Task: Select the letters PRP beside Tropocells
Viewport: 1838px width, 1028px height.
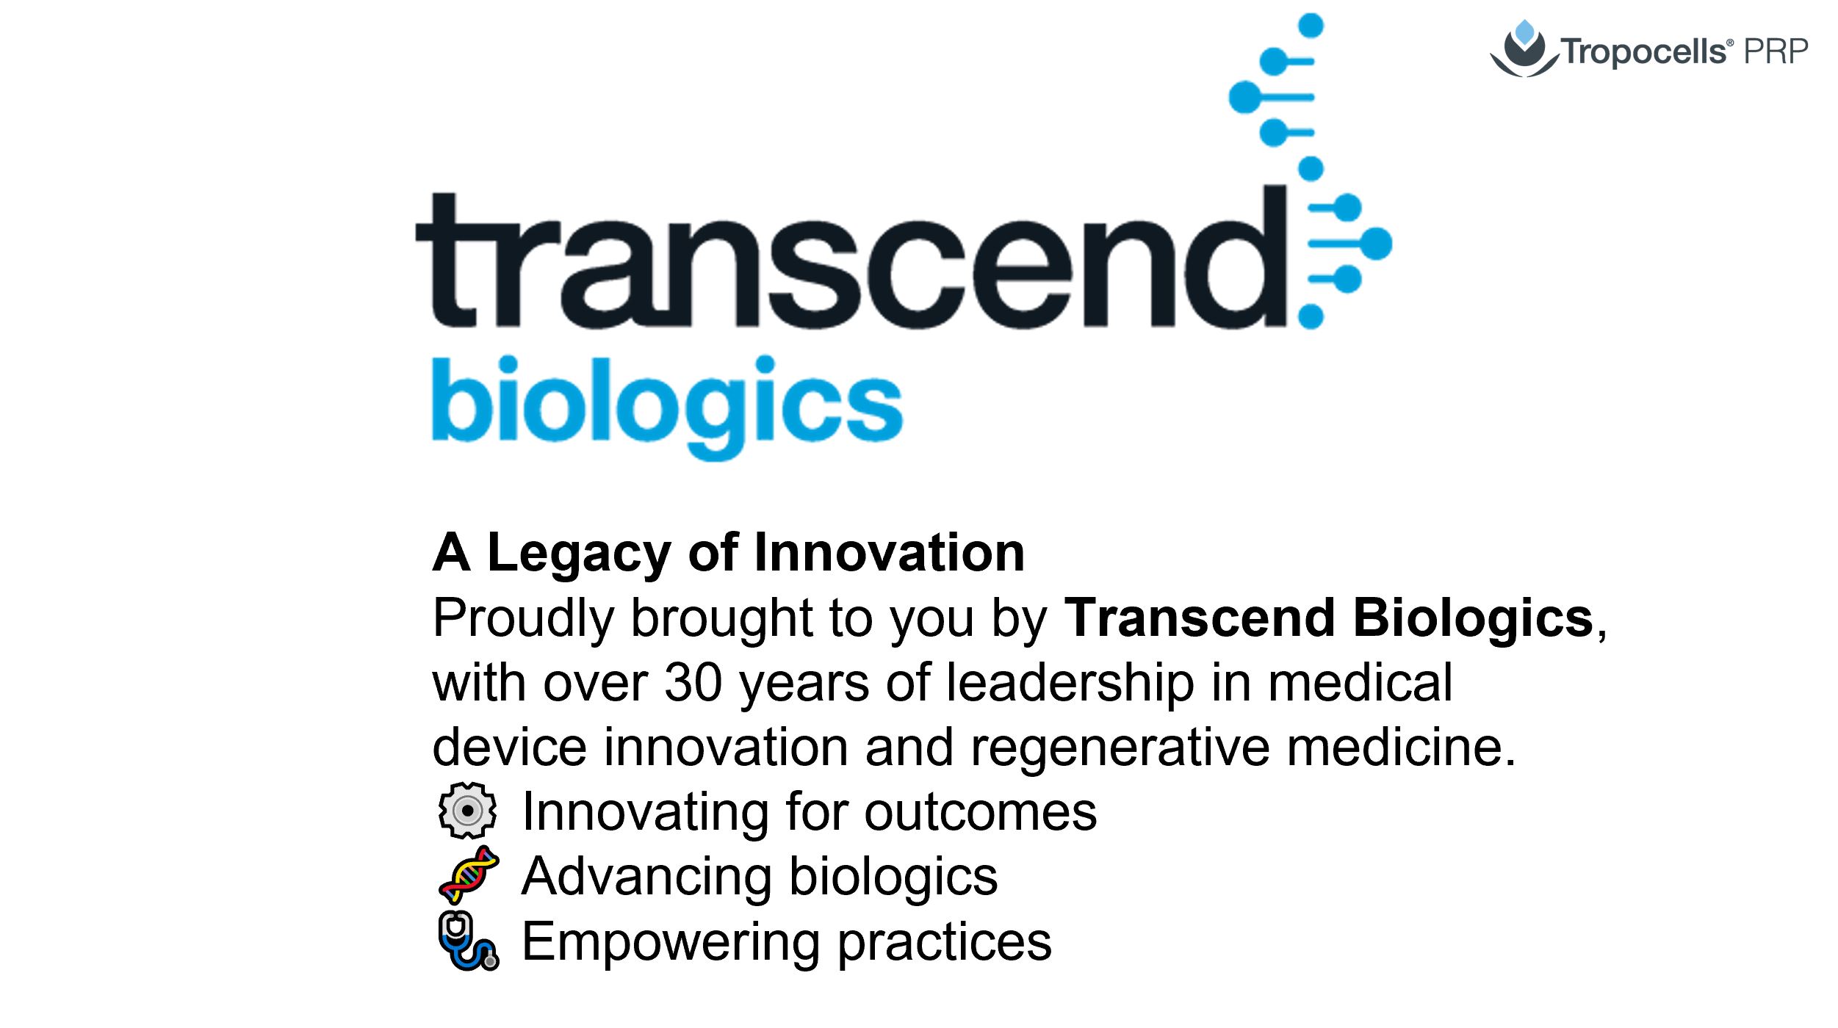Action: (x=1776, y=51)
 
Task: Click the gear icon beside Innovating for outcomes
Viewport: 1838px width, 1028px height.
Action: (x=467, y=811)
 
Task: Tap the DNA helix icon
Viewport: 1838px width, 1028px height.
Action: (x=469, y=875)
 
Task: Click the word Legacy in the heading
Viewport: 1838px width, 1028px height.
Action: (x=579, y=554)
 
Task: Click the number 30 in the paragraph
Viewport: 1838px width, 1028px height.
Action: (x=693, y=683)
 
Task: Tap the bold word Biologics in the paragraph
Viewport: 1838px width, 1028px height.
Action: (x=1474, y=618)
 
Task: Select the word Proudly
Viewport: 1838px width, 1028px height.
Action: (x=523, y=618)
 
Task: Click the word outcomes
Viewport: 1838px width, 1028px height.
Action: (x=981, y=813)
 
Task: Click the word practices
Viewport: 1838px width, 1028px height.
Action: (x=945, y=943)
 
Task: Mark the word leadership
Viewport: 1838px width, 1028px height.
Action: (x=1070, y=684)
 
